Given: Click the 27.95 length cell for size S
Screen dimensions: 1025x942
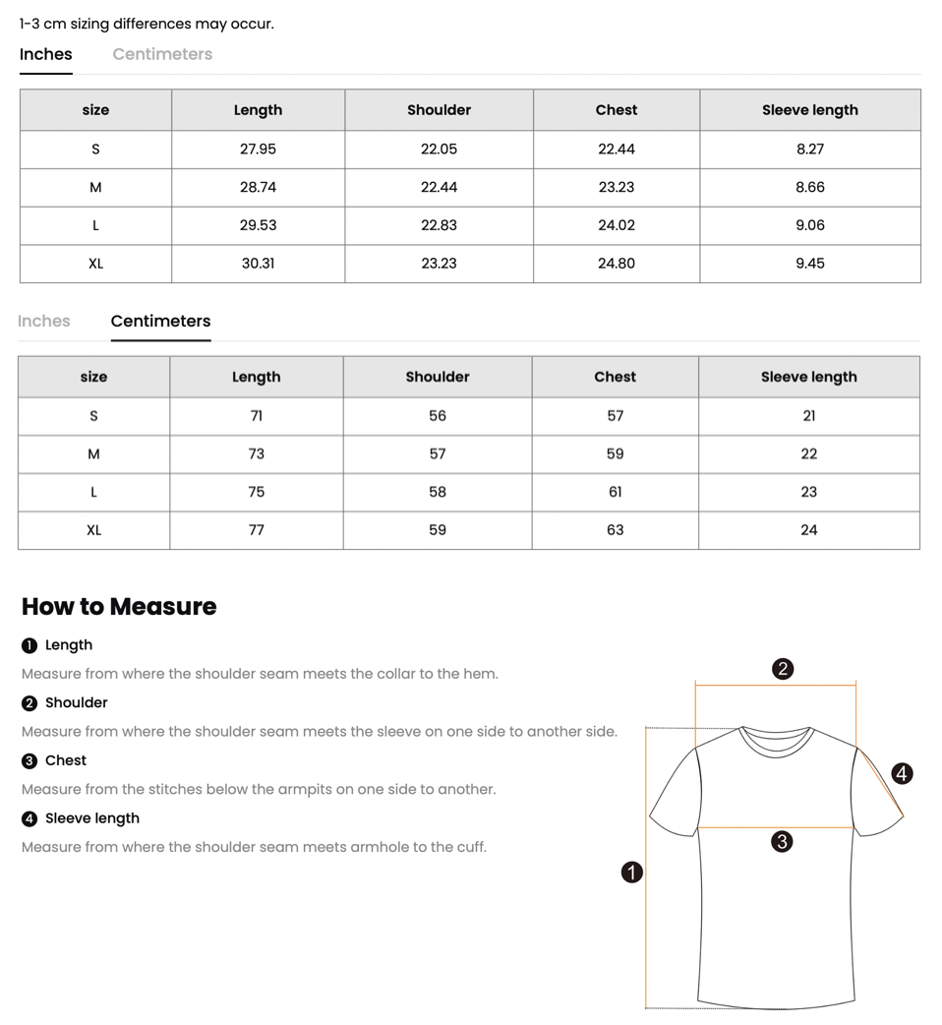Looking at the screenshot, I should [258, 149].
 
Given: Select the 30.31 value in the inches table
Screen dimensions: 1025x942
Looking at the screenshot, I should [258, 264].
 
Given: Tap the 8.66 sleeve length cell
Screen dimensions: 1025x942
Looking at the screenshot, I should [809, 187].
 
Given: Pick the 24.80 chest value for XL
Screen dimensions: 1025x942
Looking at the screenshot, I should [616, 264].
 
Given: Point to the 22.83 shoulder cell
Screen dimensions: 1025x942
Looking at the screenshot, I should [439, 225].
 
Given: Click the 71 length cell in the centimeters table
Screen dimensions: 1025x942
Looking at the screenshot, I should [256, 416].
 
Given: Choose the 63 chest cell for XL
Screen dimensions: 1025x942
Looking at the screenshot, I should [615, 530].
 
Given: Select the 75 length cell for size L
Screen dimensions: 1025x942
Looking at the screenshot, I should [256, 492].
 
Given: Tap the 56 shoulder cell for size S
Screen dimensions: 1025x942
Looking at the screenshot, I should [438, 416].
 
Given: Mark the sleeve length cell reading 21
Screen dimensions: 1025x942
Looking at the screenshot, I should [808, 416].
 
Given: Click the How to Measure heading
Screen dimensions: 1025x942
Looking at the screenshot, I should [119, 607].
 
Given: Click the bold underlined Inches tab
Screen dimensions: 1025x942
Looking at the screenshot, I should [46, 55].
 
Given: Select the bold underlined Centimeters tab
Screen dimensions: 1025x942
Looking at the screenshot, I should [160, 322].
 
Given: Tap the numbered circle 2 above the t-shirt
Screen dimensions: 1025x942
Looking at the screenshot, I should [783, 669].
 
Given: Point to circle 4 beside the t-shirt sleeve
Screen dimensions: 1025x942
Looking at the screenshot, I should [902, 773].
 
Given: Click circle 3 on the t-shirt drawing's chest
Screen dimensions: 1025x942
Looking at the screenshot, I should [782, 841].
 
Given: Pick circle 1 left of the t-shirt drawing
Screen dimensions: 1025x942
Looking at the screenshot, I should [632, 872].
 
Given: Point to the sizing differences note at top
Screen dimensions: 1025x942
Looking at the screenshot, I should [147, 24].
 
